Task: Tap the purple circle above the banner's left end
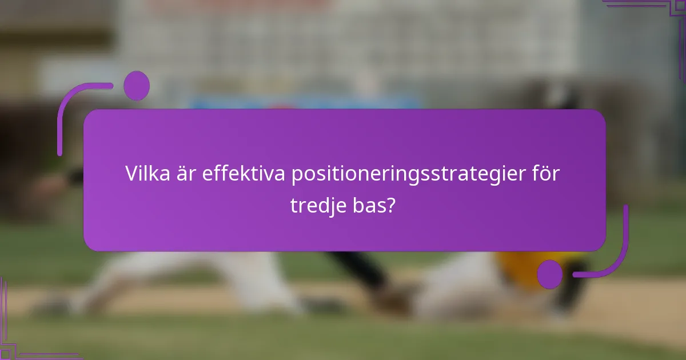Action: [x=136, y=86]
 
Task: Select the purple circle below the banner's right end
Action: [x=550, y=274]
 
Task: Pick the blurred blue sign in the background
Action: [x=303, y=103]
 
